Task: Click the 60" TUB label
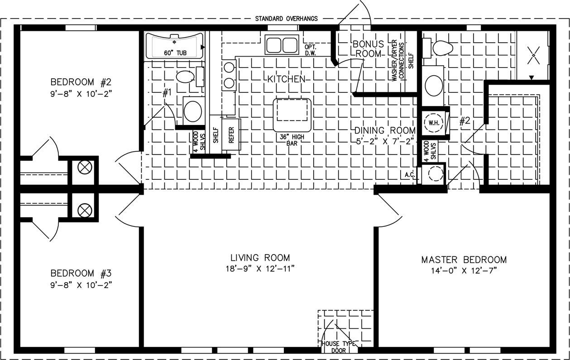[175, 53]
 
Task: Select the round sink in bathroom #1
[193, 111]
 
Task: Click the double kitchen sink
[282, 45]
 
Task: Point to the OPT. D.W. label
[311, 50]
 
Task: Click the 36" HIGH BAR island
[292, 115]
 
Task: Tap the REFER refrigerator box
[231, 135]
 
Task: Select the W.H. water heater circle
[434, 123]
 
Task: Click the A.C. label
[410, 175]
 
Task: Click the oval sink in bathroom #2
[434, 86]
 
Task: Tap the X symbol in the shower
[534, 55]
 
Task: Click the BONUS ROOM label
[368, 48]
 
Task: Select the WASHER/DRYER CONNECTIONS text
[398, 61]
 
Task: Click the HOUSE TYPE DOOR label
[339, 347]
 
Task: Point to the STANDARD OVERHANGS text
[287, 19]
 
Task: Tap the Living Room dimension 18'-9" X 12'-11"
[260, 269]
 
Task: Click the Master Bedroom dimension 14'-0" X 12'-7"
[464, 270]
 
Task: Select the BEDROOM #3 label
[81, 273]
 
